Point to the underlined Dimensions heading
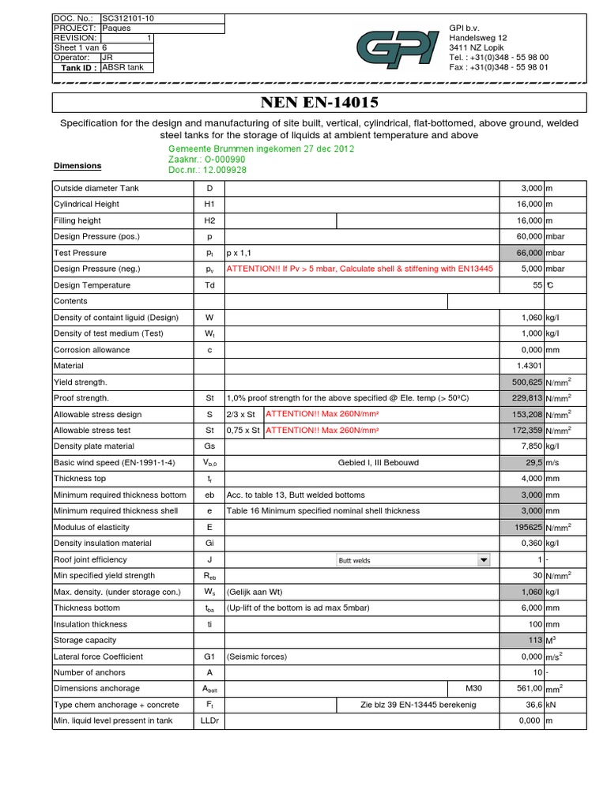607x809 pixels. (x=77, y=166)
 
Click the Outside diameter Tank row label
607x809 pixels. (x=95, y=188)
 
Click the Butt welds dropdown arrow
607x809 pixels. (x=483, y=560)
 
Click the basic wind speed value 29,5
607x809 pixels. (x=530, y=463)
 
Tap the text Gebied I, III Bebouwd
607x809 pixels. (x=361, y=463)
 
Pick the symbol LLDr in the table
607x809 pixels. (x=209, y=721)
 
